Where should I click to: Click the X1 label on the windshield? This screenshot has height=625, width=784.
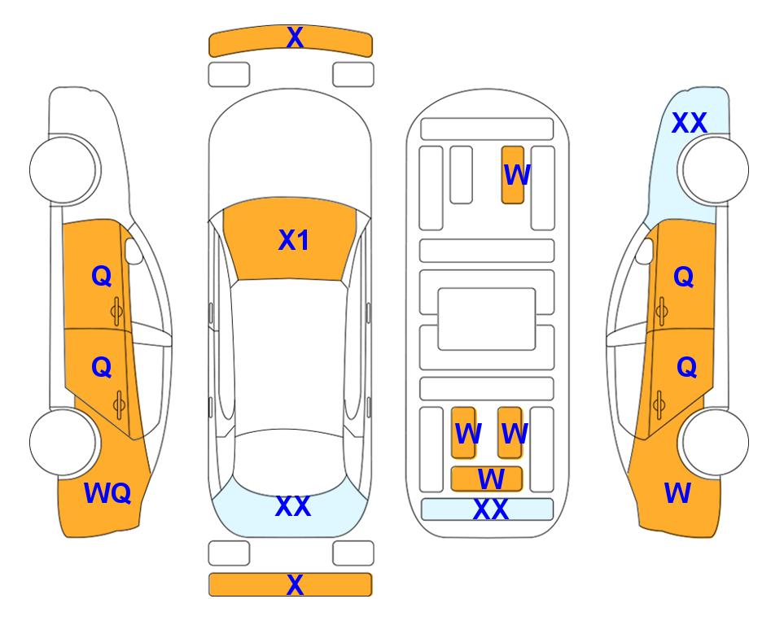[294, 240]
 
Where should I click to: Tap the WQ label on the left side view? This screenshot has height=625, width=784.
[107, 493]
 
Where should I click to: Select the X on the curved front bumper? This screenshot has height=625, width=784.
[295, 37]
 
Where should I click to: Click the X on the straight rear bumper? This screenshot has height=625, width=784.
[295, 584]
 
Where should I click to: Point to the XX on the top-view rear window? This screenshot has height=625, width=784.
[293, 506]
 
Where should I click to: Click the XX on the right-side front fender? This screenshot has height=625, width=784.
[690, 123]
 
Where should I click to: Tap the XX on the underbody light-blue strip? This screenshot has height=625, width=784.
[491, 509]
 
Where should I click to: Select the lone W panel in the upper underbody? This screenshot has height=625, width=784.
[513, 175]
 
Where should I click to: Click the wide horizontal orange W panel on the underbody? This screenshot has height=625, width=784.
[487, 479]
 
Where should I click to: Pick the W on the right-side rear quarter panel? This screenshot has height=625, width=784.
[677, 493]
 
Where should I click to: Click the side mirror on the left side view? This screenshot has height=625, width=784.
[133, 251]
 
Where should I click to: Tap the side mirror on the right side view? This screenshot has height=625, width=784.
[645, 251]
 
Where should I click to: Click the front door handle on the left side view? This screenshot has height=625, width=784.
[117, 312]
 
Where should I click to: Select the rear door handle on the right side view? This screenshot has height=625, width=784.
[659, 405]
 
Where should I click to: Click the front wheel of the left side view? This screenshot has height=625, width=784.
[64, 170]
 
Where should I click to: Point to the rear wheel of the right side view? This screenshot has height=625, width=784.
[715, 442]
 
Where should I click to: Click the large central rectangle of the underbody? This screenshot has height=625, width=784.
[487, 319]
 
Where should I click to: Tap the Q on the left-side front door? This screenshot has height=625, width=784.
[102, 276]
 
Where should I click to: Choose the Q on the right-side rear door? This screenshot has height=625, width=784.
[686, 368]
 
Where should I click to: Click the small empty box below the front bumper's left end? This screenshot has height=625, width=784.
[229, 75]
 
